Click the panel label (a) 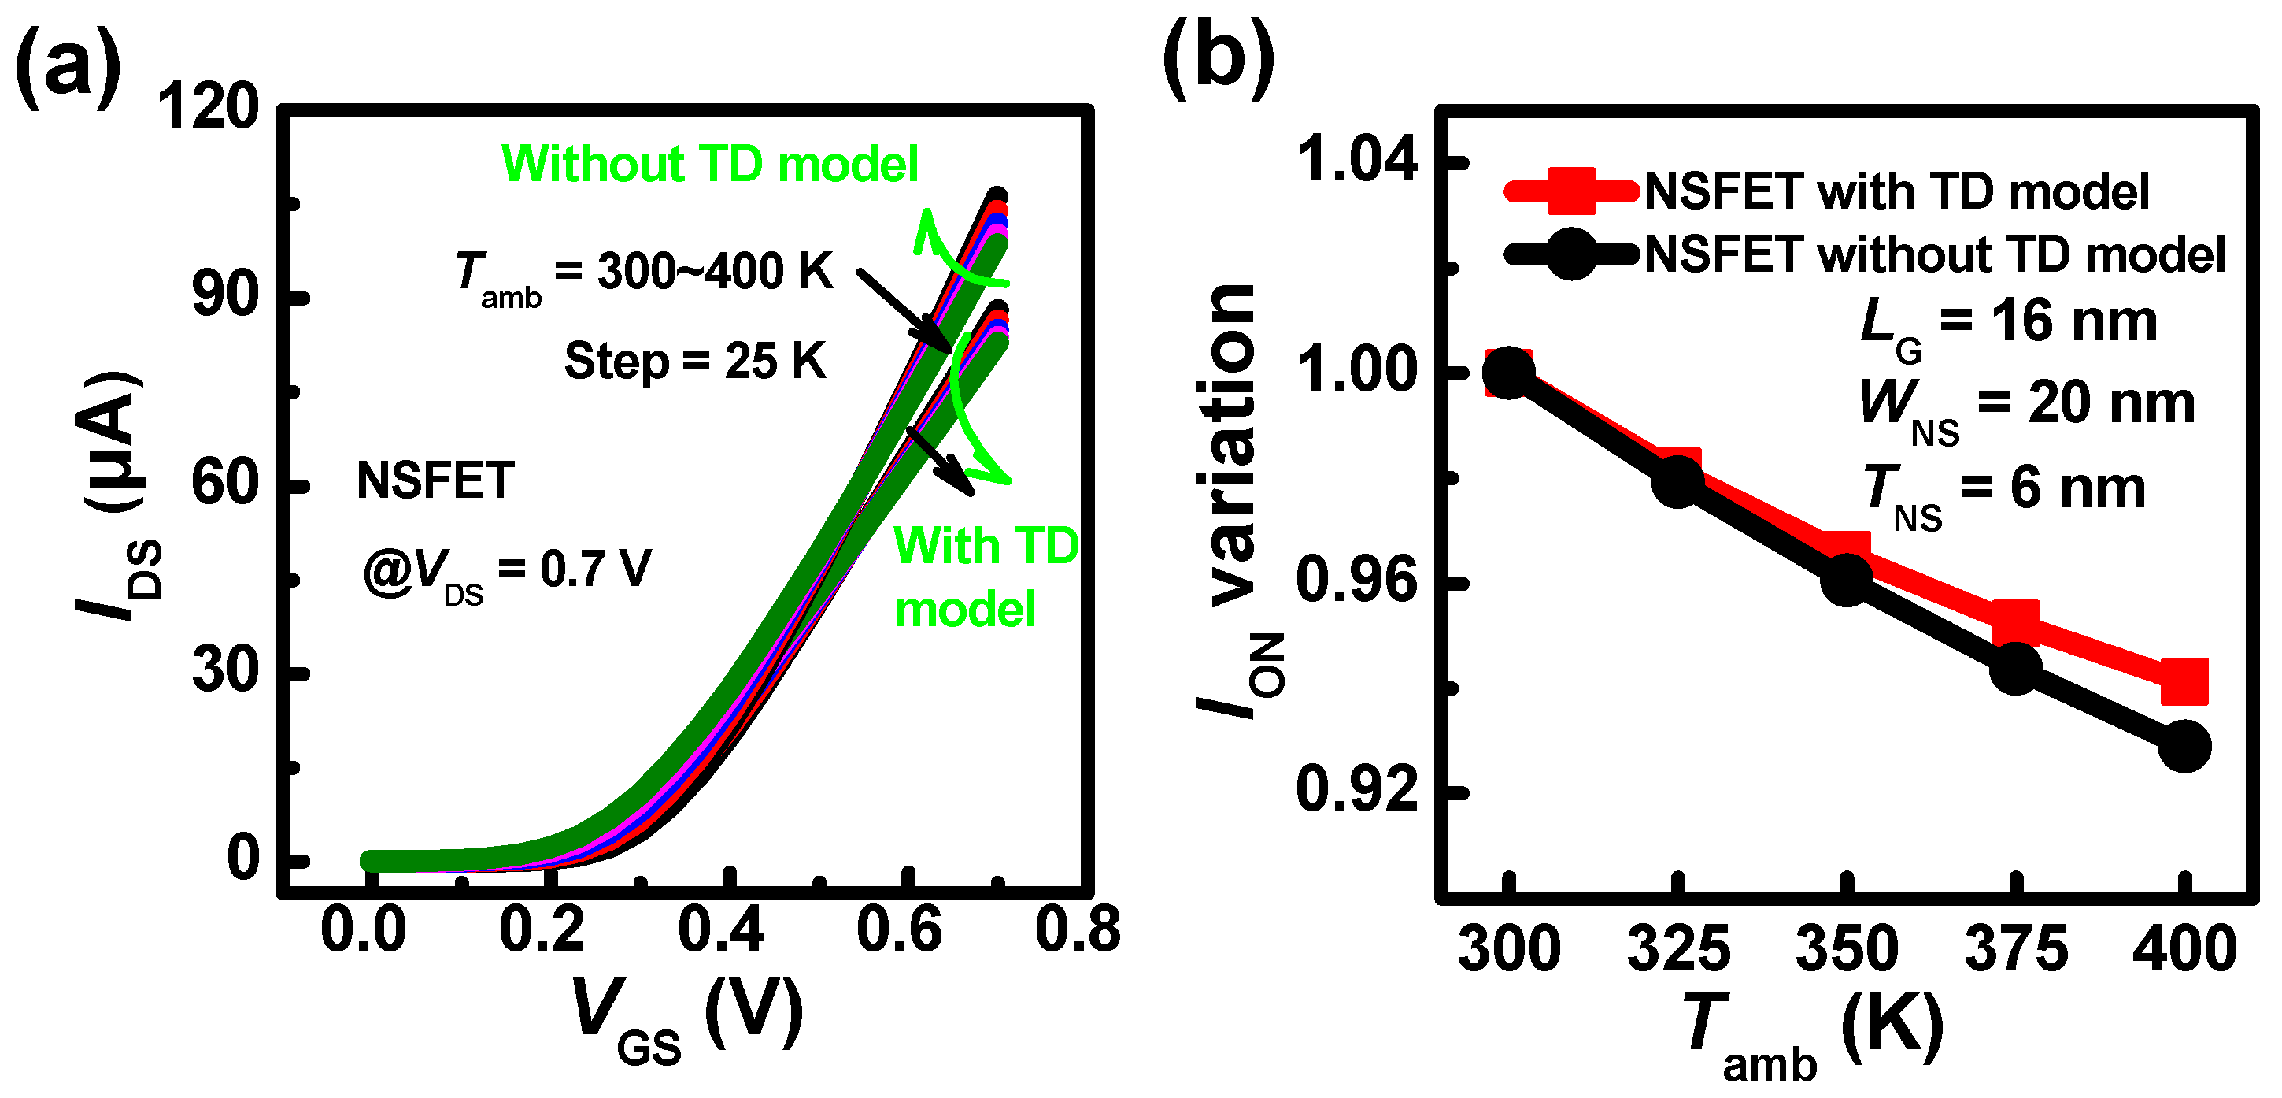(68, 66)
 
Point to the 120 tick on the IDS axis (207, 107)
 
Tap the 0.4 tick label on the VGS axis (720, 931)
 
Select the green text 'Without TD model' (709, 164)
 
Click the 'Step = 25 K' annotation (694, 362)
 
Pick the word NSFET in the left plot (435, 481)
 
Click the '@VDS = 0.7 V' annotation (507, 572)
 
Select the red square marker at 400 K (2184, 681)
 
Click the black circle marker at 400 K (2184, 746)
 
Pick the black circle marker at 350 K (1846, 581)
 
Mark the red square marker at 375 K (2015, 622)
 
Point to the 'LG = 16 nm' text (2007, 323)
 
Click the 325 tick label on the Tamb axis (1677, 950)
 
